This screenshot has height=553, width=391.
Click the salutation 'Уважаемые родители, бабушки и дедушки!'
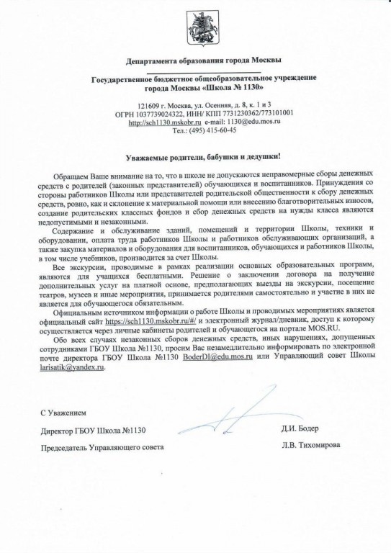pyautogui.click(x=196, y=156)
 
